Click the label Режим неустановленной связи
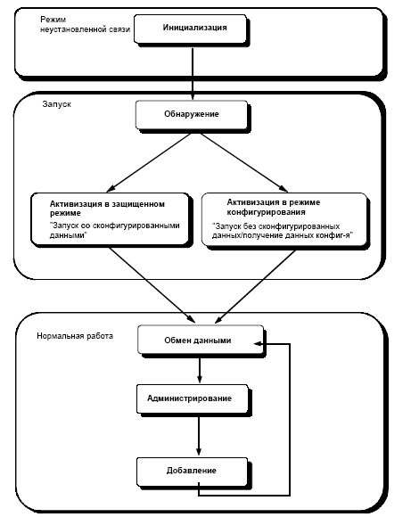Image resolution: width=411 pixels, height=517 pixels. point(85,24)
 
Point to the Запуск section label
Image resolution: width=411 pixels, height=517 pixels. point(57,104)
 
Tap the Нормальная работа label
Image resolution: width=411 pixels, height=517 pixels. point(75,336)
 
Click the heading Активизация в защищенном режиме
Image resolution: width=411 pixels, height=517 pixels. point(107,209)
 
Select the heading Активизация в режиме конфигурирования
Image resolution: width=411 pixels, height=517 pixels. point(274,207)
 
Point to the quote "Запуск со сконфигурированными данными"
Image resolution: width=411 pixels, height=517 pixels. point(114,230)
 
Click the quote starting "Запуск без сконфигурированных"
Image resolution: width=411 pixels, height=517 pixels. point(283,231)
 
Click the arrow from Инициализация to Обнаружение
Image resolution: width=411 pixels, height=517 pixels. point(193,74)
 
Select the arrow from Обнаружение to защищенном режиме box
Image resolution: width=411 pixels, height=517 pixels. point(149,162)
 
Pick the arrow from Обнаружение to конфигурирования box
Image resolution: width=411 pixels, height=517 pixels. point(244,162)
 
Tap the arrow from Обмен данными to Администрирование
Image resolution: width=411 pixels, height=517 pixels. point(199,370)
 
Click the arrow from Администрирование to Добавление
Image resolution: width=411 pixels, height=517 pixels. point(199,436)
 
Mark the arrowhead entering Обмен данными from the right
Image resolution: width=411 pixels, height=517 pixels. point(259,344)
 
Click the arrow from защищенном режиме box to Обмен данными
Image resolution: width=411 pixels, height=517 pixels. point(152,285)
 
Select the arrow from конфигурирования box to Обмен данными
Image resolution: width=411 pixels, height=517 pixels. point(255,286)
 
